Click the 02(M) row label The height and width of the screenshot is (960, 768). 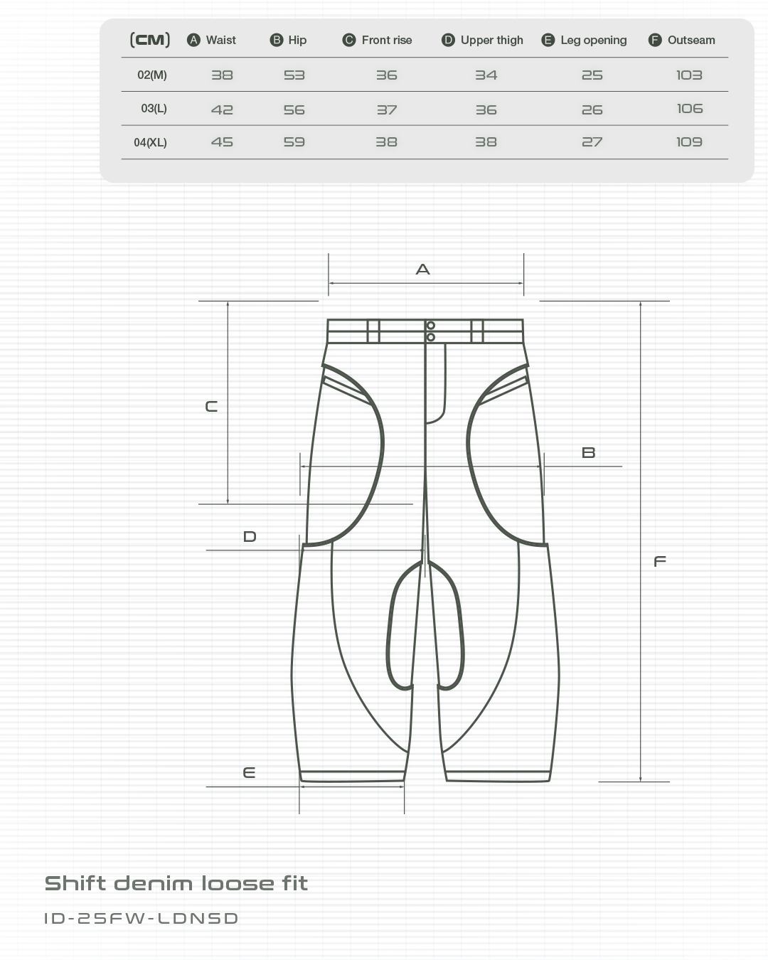point(151,75)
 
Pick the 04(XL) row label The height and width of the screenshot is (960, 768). point(150,142)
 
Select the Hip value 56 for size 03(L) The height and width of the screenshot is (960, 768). point(294,110)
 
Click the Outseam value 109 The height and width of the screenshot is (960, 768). point(690,142)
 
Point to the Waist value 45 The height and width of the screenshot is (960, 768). point(222,142)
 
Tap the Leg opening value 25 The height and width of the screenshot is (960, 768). point(592,75)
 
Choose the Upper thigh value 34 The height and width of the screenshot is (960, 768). point(486,75)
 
